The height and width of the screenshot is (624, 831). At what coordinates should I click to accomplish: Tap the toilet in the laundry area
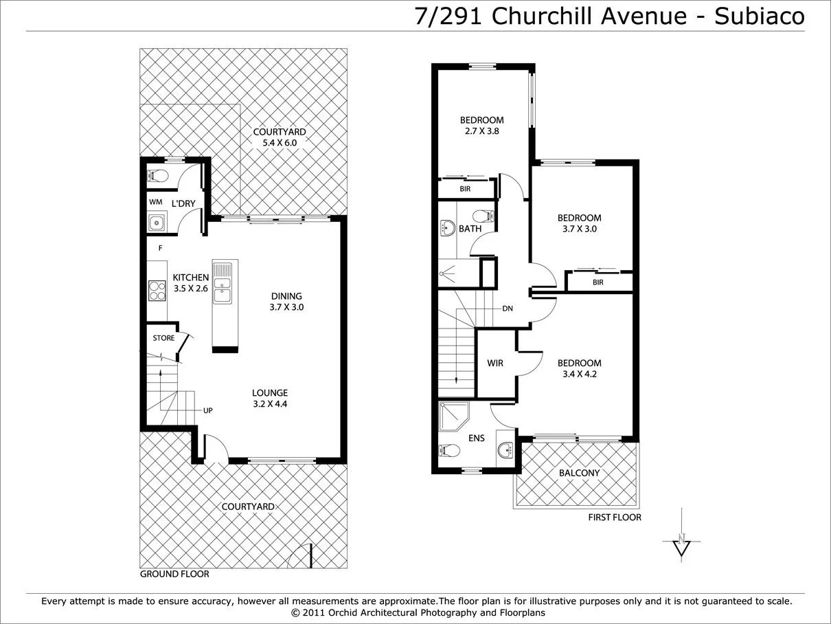[x=157, y=176]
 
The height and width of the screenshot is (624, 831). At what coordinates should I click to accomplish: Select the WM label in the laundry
[x=155, y=203]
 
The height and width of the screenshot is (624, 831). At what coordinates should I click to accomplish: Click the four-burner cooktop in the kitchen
[x=157, y=291]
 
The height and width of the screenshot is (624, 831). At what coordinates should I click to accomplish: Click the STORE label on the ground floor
[x=163, y=338]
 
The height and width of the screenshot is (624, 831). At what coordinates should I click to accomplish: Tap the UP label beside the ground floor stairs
[x=207, y=410]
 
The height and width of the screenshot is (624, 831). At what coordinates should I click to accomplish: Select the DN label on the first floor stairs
[x=508, y=309]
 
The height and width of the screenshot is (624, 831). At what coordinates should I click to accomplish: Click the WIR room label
[x=495, y=363]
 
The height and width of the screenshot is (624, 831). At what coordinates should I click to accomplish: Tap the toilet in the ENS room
[x=449, y=451]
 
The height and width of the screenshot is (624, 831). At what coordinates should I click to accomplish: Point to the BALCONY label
[x=579, y=473]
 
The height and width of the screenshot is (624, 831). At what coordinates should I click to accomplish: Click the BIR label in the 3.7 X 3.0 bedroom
[x=597, y=282]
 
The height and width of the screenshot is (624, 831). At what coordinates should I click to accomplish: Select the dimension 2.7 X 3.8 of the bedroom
[x=481, y=131]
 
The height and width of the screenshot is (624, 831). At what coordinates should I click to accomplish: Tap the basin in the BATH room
[x=447, y=227]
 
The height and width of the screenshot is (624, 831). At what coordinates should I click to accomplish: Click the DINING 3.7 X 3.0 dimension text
[x=286, y=307]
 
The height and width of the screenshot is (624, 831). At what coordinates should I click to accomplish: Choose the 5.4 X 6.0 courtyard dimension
[x=279, y=143]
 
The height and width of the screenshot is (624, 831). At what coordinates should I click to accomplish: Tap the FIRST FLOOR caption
[x=615, y=517]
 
